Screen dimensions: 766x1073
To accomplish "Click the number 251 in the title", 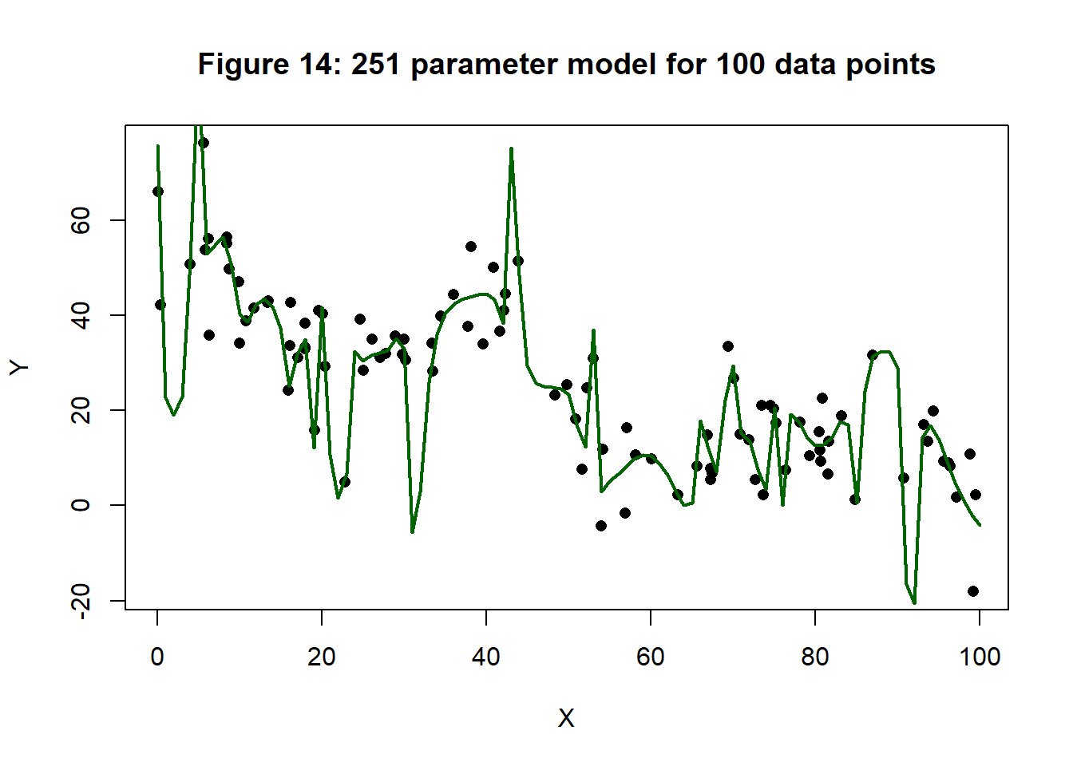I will click(377, 64).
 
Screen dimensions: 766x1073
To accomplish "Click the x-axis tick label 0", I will click(157, 657).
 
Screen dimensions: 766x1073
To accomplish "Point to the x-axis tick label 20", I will click(322, 657).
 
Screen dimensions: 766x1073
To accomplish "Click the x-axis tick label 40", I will click(486, 657).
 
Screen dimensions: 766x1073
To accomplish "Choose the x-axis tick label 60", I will click(651, 657).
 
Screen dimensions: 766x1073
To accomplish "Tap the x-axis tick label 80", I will click(815, 657).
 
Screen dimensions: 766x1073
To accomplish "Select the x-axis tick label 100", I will click(980, 657).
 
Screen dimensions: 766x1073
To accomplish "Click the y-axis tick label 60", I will click(81, 220).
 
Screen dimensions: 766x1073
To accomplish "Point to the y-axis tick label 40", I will click(81, 315).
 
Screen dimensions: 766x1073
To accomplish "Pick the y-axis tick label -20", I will click(81, 601).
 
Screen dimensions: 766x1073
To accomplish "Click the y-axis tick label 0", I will click(81, 505).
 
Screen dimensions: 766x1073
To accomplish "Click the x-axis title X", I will click(566, 718).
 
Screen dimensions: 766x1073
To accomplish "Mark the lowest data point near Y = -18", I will click(972, 591).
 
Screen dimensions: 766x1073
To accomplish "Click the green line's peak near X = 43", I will click(511, 148).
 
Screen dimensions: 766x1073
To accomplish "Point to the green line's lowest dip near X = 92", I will click(914, 602).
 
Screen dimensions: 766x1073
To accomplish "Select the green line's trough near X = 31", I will click(412, 531).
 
